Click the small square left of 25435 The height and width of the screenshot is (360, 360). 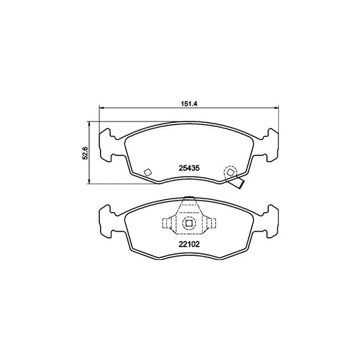point(148,172)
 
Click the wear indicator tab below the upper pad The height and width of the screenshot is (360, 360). point(237,182)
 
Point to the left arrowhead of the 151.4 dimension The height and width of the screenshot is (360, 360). point(102,109)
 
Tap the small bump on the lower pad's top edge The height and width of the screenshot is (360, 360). point(190,198)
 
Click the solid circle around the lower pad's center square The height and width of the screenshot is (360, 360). point(190,214)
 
